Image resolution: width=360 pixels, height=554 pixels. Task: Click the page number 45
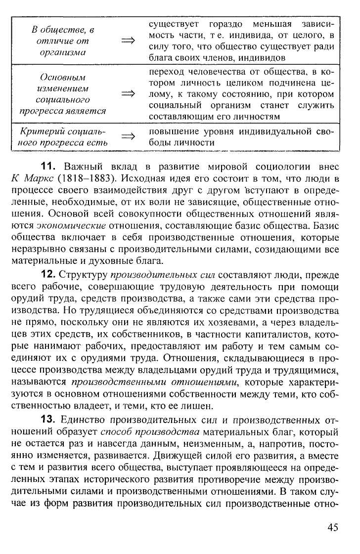click(x=332, y=527)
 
